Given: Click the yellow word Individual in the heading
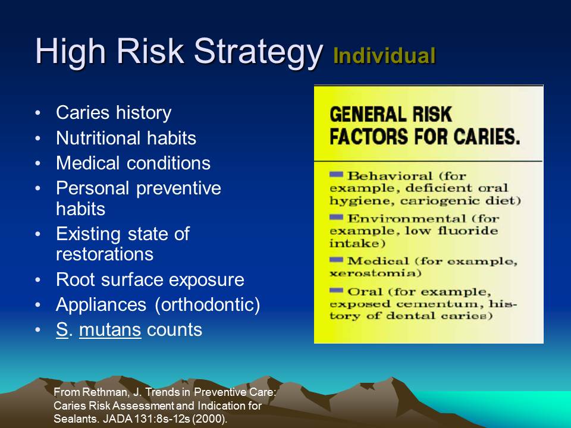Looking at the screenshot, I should [x=384, y=56].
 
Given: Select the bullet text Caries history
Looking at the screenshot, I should [x=114, y=112].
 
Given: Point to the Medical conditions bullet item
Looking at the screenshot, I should [x=133, y=163].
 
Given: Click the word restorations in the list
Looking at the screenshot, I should [x=105, y=254].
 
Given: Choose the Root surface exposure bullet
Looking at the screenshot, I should [x=150, y=279].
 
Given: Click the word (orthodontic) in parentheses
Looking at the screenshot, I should [x=208, y=304].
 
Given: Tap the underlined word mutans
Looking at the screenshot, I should [x=109, y=329].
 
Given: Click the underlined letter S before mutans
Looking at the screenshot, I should [x=61, y=329].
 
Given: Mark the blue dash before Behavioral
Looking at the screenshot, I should [x=336, y=174].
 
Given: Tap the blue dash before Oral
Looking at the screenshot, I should [x=336, y=290].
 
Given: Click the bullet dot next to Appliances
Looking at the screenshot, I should [x=39, y=305].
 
